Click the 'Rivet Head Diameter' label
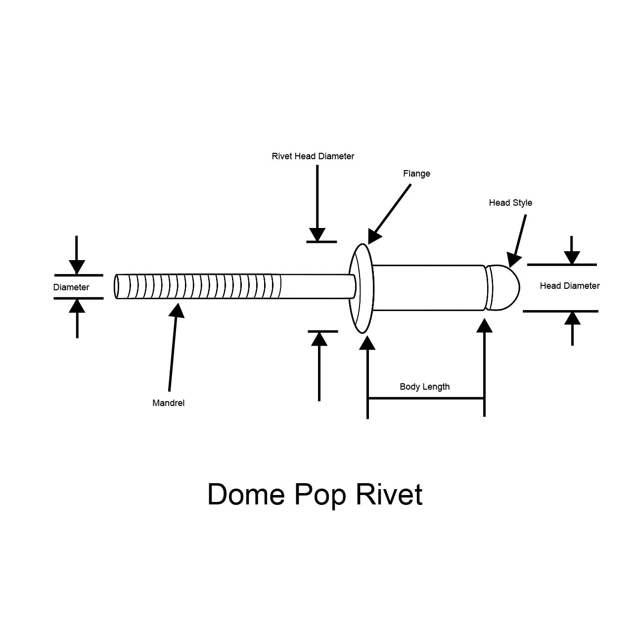[x=313, y=156]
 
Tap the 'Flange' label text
[x=416, y=174]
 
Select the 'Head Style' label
[x=510, y=203]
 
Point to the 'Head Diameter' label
[x=570, y=286]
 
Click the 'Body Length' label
[x=424, y=387]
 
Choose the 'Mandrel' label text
[x=168, y=403]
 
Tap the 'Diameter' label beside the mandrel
[x=71, y=287]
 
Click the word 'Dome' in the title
[x=246, y=494]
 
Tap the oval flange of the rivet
[x=362, y=288]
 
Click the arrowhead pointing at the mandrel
[x=177, y=310]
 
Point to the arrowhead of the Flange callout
[x=374, y=237]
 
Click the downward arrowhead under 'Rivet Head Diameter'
[x=317, y=234]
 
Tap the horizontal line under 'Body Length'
[x=425, y=398]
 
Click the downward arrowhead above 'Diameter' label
[x=77, y=267]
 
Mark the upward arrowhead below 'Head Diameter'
[x=572, y=318]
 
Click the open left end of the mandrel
[x=117, y=287]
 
